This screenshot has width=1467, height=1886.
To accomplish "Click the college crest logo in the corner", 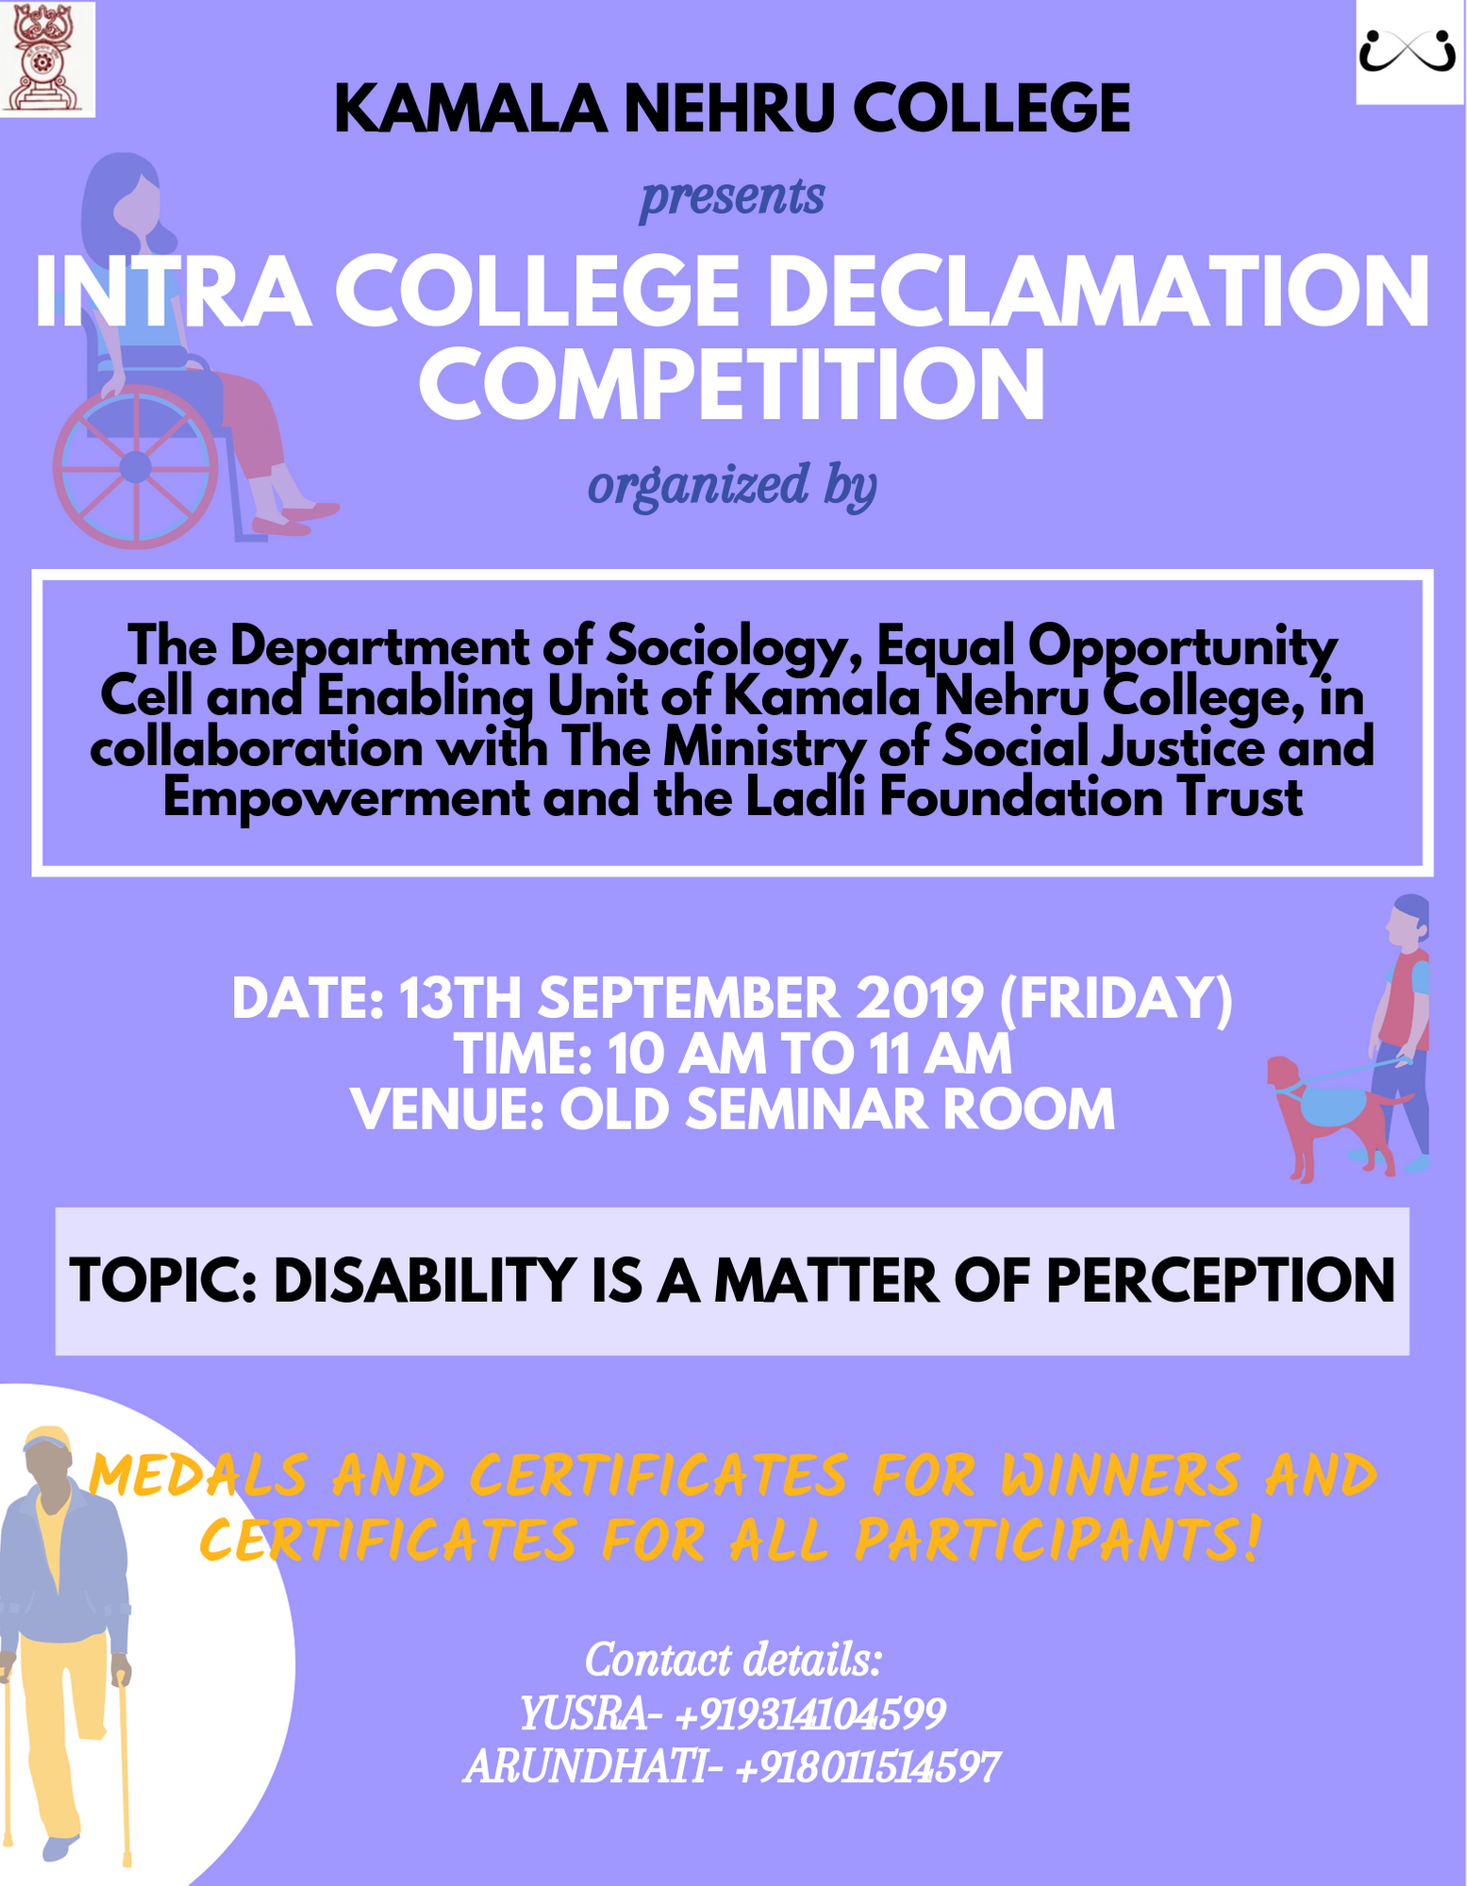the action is [47, 58].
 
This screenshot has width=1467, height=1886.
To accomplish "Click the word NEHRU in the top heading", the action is [728, 108].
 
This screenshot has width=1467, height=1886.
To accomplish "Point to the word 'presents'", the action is [732, 198].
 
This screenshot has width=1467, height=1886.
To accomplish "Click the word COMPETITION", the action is [732, 385].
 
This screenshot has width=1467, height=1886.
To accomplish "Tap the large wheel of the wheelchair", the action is [136, 466].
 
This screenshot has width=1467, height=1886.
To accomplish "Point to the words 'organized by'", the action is [732, 486].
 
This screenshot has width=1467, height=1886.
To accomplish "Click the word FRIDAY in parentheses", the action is [1115, 998].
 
